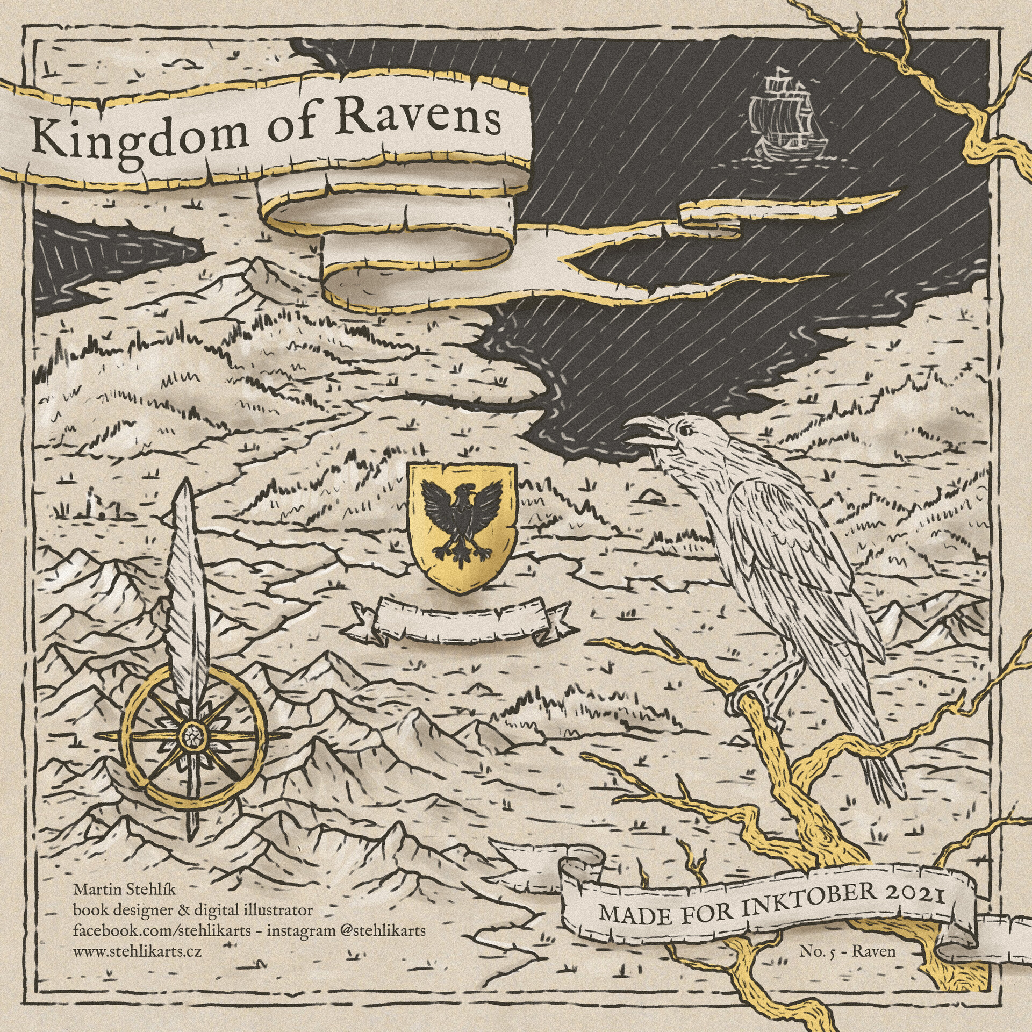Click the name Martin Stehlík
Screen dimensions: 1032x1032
(125, 889)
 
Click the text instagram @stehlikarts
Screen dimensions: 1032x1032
(346, 930)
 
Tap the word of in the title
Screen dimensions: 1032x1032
(290, 129)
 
